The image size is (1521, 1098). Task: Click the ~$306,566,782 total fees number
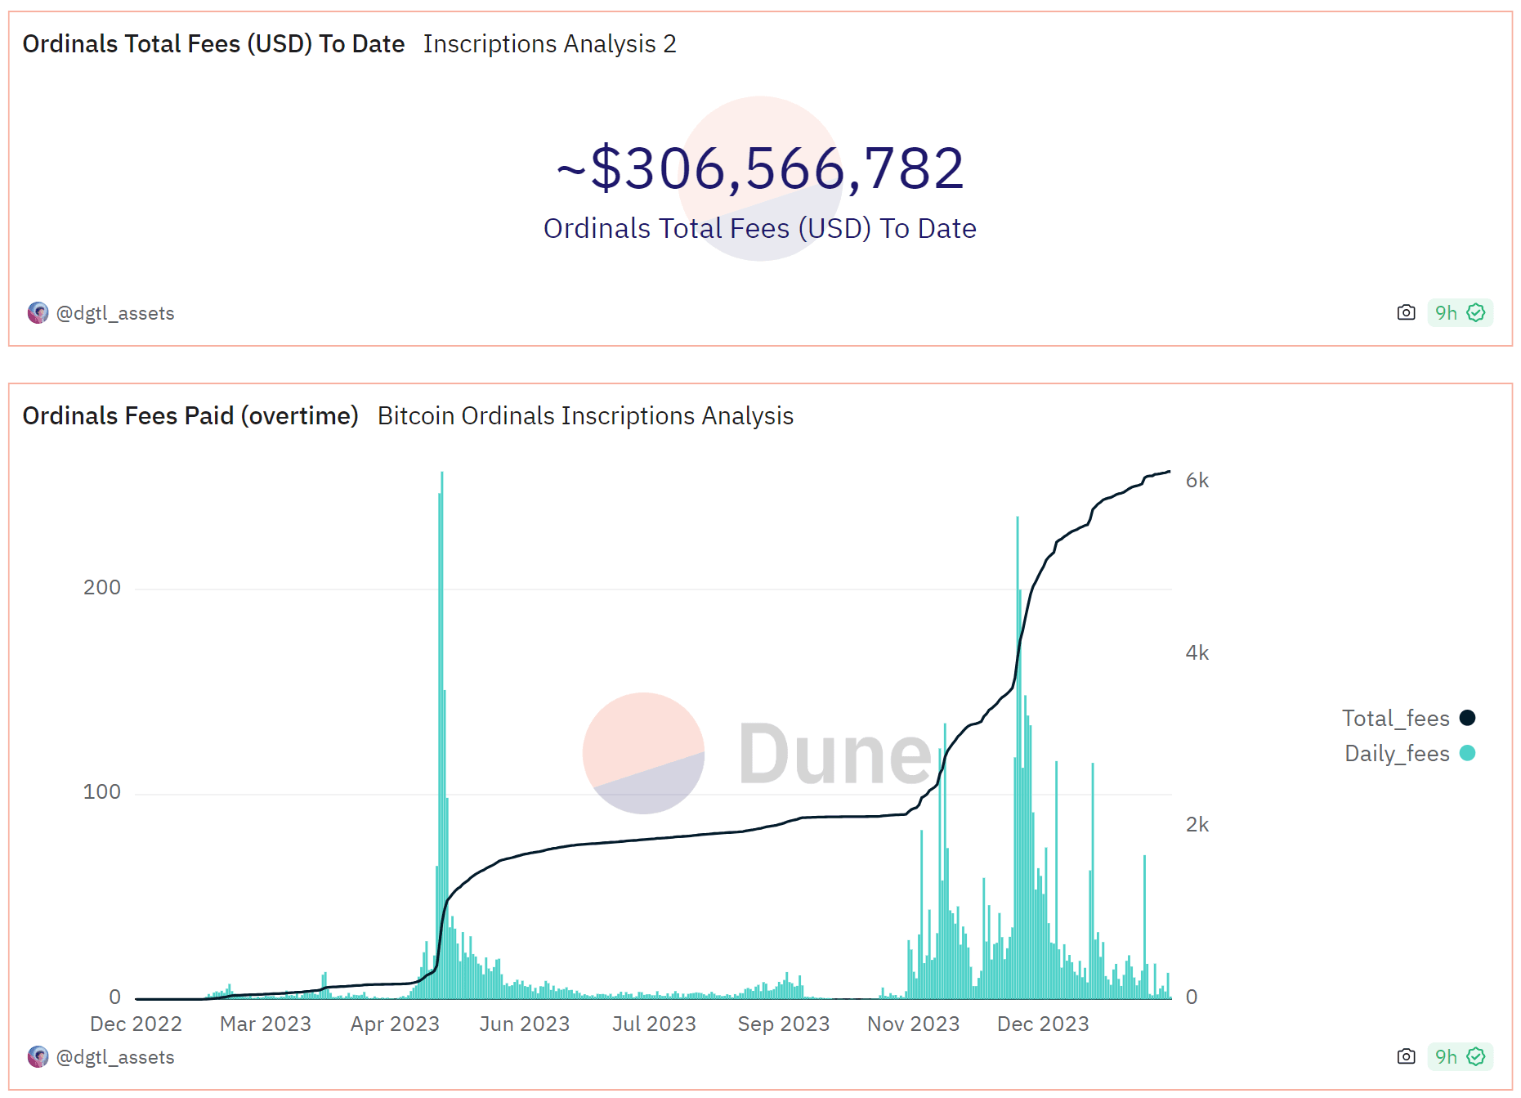click(760, 168)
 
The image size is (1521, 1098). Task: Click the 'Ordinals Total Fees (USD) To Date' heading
click(213, 44)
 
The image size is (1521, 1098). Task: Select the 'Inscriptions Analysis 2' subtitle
click(549, 44)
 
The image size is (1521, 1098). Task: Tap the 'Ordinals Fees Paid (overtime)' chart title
click(190, 416)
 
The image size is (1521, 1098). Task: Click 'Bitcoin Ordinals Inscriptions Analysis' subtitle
click(585, 416)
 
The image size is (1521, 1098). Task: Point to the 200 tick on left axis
click(102, 588)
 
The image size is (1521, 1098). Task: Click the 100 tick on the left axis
click(102, 792)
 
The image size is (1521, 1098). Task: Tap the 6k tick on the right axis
click(1197, 481)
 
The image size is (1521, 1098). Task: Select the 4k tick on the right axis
click(1197, 653)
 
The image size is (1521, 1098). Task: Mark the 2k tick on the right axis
click(1197, 825)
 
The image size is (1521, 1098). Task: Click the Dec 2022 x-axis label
click(136, 1024)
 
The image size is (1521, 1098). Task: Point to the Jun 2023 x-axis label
click(525, 1024)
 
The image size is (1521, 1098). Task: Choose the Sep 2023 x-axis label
click(783, 1024)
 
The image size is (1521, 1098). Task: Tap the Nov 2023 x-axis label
click(913, 1024)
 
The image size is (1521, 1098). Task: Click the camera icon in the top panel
click(1406, 313)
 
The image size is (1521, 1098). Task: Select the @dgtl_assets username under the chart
click(115, 1058)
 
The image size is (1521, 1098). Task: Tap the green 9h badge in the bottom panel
click(1460, 1057)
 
